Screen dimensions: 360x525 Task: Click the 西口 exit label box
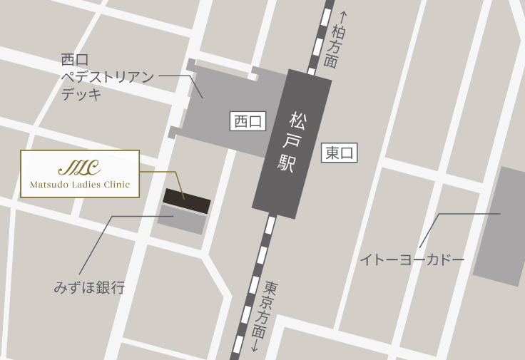click(248, 122)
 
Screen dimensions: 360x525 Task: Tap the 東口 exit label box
click(340, 153)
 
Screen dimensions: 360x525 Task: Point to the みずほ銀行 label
click(89, 288)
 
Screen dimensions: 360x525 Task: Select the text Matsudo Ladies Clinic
click(80, 185)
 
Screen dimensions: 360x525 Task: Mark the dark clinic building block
click(187, 201)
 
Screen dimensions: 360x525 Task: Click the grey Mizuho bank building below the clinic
click(182, 220)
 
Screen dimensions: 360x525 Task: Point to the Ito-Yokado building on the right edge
click(500, 227)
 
